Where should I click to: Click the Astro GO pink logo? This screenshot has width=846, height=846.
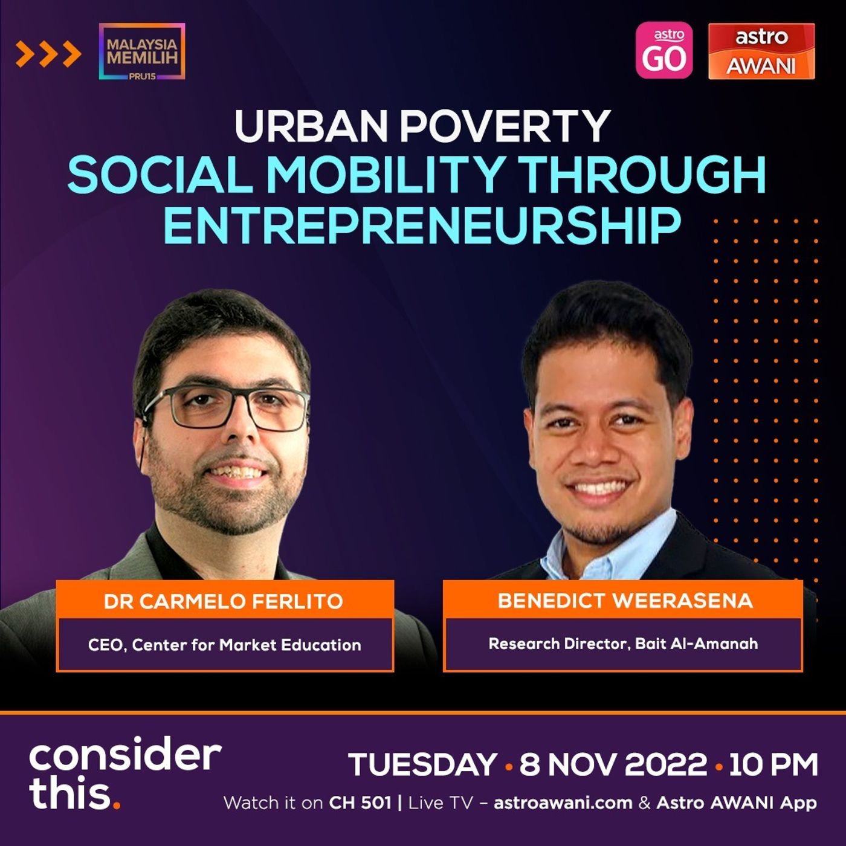(x=664, y=50)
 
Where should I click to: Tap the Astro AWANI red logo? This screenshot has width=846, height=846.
(x=761, y=51)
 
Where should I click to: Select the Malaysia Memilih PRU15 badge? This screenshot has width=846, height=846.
(x=142, y=51)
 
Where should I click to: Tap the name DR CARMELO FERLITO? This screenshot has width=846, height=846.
(x=224, y=601)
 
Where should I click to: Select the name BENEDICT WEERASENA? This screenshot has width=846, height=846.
(x=625, y=601)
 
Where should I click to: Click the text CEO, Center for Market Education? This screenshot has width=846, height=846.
(x=224, y=645)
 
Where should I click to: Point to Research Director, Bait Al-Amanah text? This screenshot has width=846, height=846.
(x=624, y=644)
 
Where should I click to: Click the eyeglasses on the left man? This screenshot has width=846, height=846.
(x=225, y=408)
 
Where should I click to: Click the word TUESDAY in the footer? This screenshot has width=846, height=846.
(x=422, y=764)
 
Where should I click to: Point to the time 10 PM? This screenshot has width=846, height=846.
(x=773, y=764)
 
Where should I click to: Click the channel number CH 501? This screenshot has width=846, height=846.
(x=360, y=803)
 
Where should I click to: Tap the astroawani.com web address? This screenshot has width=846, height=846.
(x=563, y=804)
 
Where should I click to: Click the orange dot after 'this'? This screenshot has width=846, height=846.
(x=116, y=805)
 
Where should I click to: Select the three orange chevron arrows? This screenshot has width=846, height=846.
(x=48, y=54)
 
